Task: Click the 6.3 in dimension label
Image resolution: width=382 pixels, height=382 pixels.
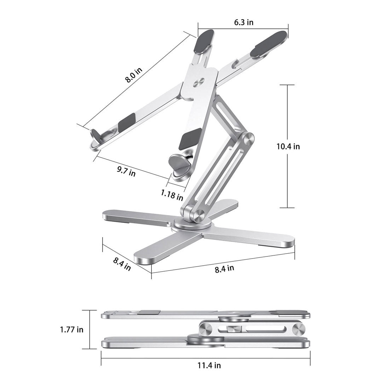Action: coord(244,22)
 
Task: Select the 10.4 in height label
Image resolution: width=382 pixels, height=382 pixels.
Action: coord(288,146)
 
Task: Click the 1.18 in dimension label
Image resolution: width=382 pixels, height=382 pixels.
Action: coord(172,194)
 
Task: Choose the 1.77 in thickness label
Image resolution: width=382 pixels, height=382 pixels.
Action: coord(72,329)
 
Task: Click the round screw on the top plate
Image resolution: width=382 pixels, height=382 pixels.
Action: coord(198,83)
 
